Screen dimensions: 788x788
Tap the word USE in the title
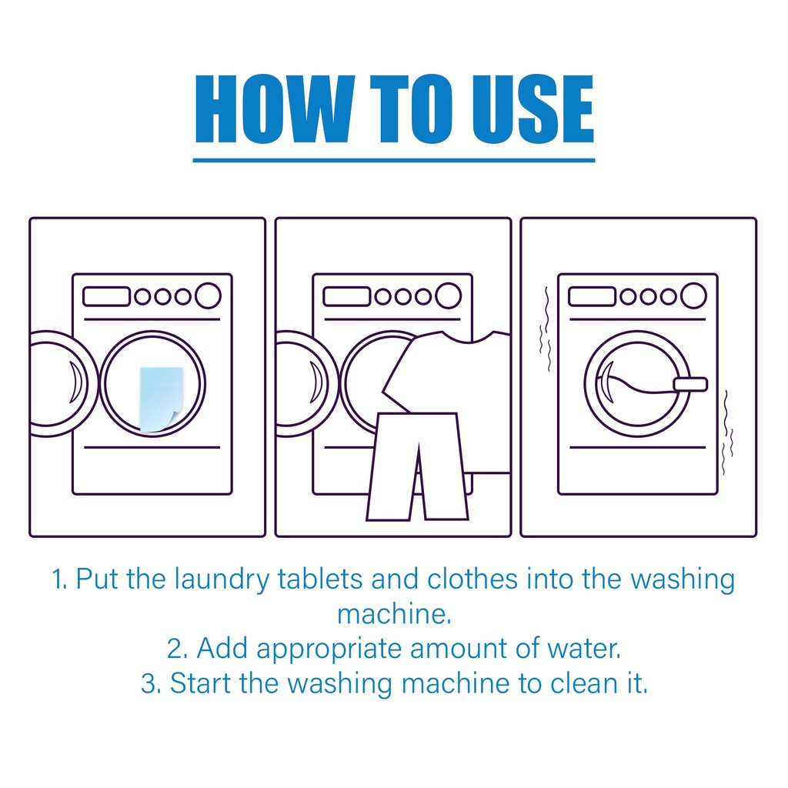tap(534, 109)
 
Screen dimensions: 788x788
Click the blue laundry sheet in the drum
tap(161, 399)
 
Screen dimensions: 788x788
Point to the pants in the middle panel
tap(418, 466)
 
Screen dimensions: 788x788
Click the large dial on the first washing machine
tap(208, 295)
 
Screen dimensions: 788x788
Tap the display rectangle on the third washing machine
tap(592, 296)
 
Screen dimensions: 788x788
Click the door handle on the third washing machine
tap(690, 385)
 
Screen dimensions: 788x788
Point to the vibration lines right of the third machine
tap(727, 432)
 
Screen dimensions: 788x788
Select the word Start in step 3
tap(200, 683)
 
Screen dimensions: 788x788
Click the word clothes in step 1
tap(472, 579)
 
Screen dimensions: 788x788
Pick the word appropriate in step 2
tap(329, 649)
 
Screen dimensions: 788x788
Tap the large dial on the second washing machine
tap(449, 295)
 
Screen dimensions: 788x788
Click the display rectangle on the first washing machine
tap(106, 296)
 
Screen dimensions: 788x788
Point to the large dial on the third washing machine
tap(693, 295)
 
